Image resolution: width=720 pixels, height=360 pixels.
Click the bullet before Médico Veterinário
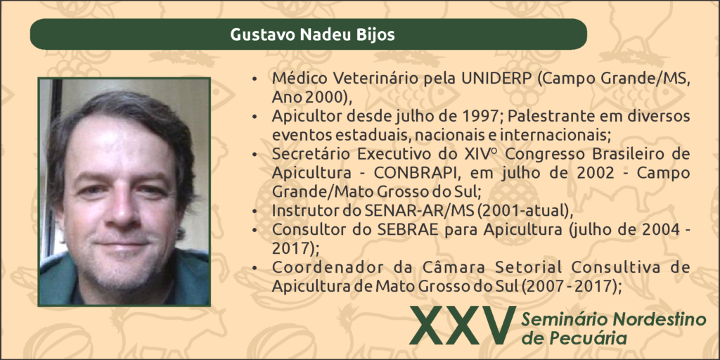pyautogui.click(x=255, y=79)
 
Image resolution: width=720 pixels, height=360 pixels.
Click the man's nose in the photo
pyautogui.click(x=120, y=207)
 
